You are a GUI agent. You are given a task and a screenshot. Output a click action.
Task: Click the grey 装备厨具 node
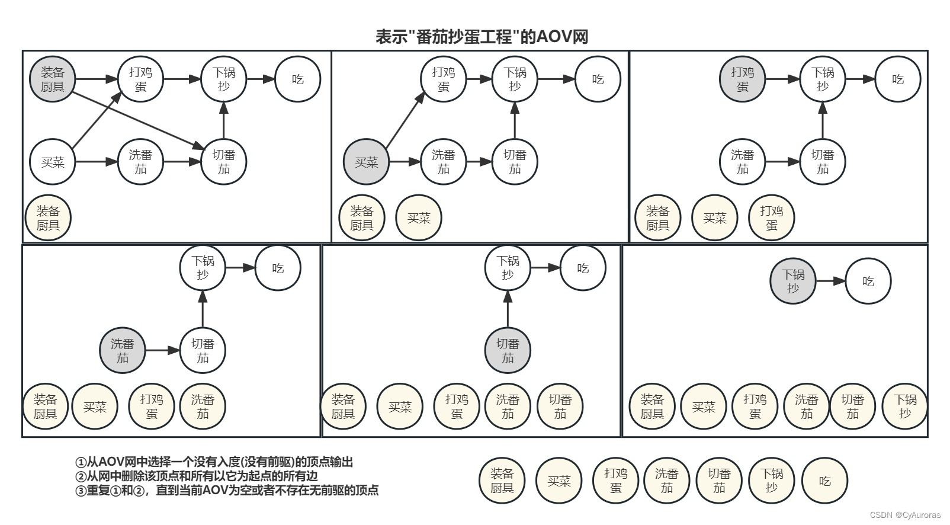click(53, 79)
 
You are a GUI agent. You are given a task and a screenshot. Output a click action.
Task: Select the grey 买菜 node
click(366, 162)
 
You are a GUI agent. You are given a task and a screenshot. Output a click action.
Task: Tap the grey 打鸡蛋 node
click(742, 79)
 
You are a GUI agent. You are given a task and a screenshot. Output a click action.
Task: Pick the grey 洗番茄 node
click(122, 351)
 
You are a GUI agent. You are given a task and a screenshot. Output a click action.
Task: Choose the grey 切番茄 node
click(508, 351)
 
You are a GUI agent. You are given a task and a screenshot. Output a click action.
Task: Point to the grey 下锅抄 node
click(792, 281)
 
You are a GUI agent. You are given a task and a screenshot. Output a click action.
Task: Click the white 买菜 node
click(53, 162)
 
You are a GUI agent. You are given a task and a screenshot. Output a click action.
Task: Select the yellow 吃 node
click(824, 481)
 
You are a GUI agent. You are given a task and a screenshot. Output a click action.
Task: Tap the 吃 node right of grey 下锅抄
click(868, 281)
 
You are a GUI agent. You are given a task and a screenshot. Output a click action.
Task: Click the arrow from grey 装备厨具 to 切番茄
click(139, 119)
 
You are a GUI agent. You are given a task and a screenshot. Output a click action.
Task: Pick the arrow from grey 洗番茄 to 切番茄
click(162, 351)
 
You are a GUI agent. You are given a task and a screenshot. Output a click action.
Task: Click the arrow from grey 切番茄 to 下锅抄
click(508, 309)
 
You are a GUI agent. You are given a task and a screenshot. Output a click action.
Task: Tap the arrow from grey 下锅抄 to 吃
click(830, 281)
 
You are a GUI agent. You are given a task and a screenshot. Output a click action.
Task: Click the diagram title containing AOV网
click(482, 37)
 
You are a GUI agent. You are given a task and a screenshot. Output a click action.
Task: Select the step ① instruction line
click(214, 462)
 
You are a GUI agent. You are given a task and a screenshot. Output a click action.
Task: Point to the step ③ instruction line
click(227, 491)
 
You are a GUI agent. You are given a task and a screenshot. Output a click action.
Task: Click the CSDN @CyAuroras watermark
click(905, 515)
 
